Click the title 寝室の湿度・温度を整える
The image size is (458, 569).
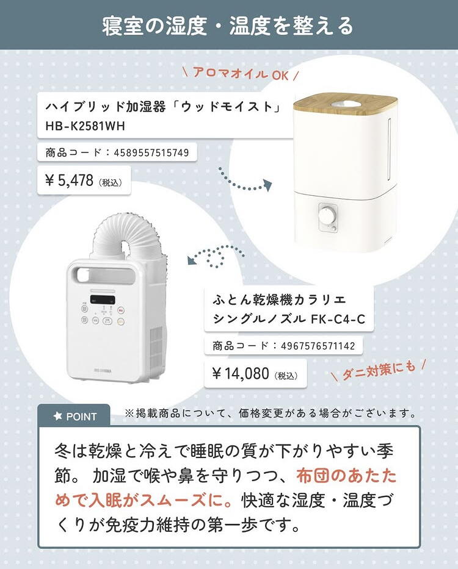tap(228, 26)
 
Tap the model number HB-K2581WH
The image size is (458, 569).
tap(85, 126)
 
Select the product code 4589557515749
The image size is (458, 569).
tap(151, 152)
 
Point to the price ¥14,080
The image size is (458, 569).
tap(240, 373)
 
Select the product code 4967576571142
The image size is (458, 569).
tap(318, 346)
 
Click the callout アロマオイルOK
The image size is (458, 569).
tap(241, 74)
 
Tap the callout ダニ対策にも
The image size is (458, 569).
tap(379, 370)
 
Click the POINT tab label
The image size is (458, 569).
tap(81, 417)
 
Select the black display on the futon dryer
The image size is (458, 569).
tap(103, 299)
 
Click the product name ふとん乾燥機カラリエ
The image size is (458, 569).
tap(279, 300)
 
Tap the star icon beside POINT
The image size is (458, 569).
tap(58, 416)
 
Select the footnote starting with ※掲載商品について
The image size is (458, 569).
tap(270, 413)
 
